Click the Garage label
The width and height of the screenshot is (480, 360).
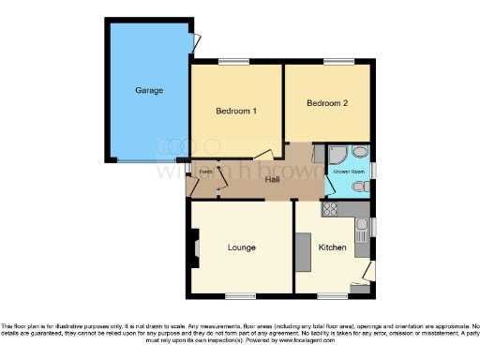point(149,91)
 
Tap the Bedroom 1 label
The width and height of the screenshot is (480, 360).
point(236,112)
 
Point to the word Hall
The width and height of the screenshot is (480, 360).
point(273,179)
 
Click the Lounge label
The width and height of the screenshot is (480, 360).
point(242,247)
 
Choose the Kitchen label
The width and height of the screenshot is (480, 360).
point(332,247)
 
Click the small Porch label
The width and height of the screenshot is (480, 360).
point(203,171)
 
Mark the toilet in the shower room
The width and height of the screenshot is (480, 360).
point(359,187)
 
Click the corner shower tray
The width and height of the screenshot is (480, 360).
point(359,155)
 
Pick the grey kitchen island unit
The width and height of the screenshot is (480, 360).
point(303,248)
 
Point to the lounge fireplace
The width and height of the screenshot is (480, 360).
point(196,248)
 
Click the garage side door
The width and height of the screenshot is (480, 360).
point(194,42)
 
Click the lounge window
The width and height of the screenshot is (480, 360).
point(241,296)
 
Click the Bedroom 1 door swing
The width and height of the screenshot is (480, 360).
point(268,153)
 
